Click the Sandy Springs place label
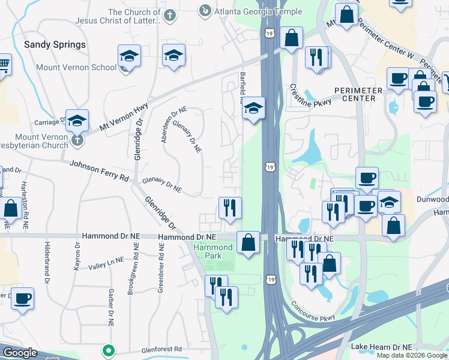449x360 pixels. tap(55, 44)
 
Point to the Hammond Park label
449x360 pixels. tap(212, 251)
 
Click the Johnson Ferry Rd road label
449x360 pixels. tap(99, 170)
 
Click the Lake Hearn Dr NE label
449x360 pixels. tap(382, 347)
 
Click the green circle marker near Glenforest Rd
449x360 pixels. tap(109, 349)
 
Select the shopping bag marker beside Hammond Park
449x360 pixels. tap(248, 243)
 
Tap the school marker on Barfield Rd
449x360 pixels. tap(254, 109)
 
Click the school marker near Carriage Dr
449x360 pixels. tap(77, 120)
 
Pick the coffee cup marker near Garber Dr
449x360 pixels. tap(23, 298)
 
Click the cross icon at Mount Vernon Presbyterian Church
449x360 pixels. tap(76, 140)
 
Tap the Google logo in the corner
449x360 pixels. tap(20, 353)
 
